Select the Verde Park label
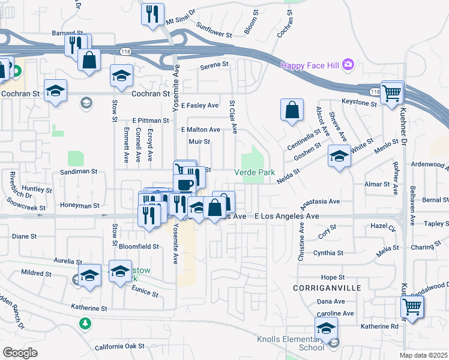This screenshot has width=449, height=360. [254, 172]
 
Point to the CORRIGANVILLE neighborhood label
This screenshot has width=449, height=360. [327, 288]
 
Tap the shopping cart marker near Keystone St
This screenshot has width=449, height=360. [392, 93]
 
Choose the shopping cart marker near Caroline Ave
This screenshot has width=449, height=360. [412, 307]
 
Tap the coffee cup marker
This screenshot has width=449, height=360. [184, 183]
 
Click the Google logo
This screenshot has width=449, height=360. [20, 353]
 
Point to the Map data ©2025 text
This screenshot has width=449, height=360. [423, 355]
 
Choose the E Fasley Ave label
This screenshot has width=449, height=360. [200, 106]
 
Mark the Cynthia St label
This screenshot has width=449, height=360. [328, 253]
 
